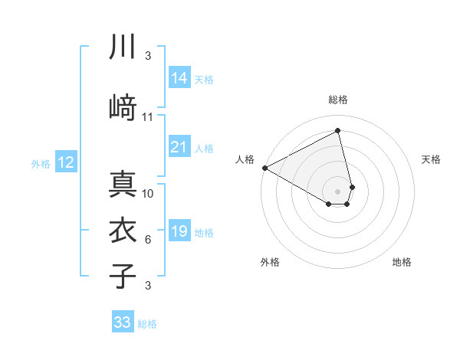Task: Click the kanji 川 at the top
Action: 123,48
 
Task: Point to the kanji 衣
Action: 123,231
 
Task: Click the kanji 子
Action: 123,276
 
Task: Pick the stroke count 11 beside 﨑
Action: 148,117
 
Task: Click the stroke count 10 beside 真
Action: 148,193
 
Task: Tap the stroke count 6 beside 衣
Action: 147,240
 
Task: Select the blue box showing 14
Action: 179,78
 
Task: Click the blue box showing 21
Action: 179,147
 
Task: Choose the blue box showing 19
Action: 179,231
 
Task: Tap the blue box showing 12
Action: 65,162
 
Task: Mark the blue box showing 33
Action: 123,322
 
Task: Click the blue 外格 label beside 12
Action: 41,163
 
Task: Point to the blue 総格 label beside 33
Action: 147,324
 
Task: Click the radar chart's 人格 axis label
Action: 245,159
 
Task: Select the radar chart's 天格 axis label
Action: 431,159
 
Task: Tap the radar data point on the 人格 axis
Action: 264,168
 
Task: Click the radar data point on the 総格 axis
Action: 337,131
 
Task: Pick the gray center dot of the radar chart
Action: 337,190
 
